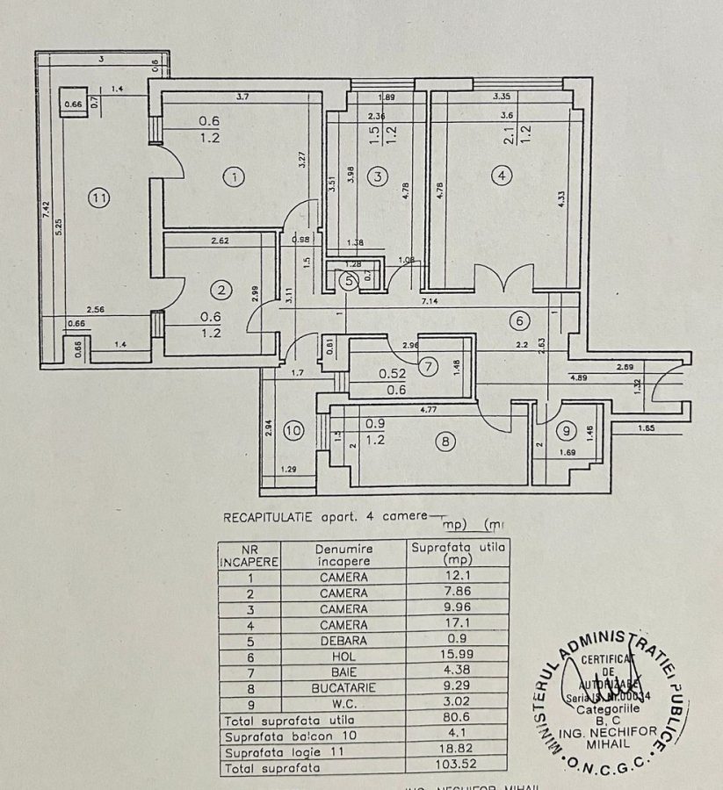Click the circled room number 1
(x=234, y=178)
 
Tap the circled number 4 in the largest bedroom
(x=501, y=176)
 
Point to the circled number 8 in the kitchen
(x=446, y=443)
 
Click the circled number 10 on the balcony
(x=294, y=430)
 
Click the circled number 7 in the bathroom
(x=427, y=368)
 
